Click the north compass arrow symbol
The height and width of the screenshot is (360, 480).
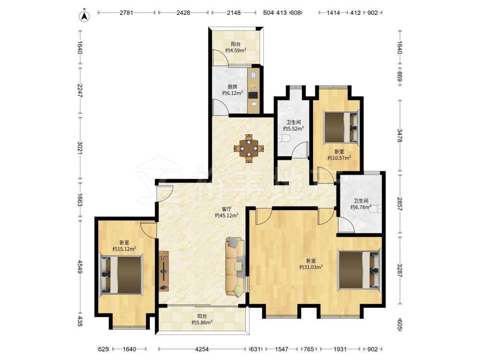point(84,16)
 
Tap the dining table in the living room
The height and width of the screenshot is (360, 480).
point(249,148)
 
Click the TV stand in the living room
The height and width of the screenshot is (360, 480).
point(164,271)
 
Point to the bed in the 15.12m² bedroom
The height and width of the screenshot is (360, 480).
point(121,274)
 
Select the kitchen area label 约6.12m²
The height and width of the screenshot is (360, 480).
point(233,93)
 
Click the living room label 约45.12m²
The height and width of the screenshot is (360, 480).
point(227,216)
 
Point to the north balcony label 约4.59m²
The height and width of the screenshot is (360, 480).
point(236,50)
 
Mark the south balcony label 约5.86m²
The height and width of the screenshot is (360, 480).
point(202,323)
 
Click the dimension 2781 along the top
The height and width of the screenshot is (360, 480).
point(126,13)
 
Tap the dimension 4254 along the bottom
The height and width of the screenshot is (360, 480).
point(202,349)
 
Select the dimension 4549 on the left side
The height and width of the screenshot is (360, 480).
point(80,267)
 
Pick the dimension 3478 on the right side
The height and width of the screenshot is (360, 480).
point(400,136)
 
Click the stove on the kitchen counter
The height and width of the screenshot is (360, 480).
point(253,95)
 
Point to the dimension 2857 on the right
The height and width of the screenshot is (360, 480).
point(400,204)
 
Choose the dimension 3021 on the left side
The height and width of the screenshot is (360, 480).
point(80,147)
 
